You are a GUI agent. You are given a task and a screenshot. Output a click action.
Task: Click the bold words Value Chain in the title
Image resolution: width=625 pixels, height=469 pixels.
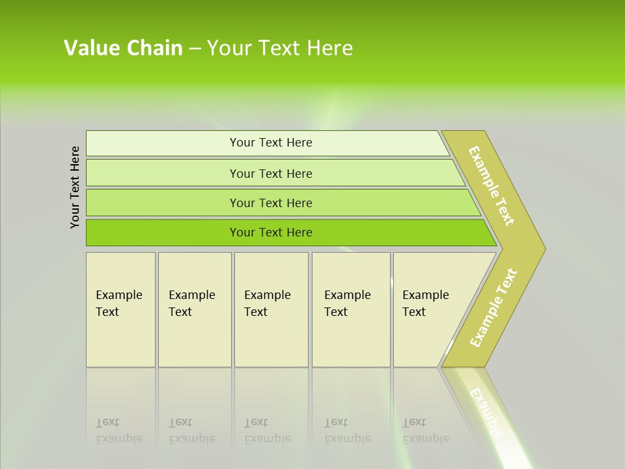[123, 48]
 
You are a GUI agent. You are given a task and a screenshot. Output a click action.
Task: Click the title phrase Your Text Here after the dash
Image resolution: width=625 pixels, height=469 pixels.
[280, 48]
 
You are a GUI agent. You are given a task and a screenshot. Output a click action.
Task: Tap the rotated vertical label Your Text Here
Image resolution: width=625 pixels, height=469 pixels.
[75, 187]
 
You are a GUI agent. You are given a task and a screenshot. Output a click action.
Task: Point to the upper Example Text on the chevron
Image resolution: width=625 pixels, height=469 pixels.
[492, 186]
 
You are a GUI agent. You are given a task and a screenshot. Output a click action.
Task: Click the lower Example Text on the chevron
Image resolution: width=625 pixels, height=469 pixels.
[493, 307]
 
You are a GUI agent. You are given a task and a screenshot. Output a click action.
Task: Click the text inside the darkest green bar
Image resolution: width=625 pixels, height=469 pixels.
[271, 233]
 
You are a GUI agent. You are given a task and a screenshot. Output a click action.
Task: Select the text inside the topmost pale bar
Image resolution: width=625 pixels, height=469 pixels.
[271, 143]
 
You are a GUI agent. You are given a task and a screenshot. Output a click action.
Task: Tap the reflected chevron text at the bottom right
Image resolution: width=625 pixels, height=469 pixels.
[487, 413]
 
